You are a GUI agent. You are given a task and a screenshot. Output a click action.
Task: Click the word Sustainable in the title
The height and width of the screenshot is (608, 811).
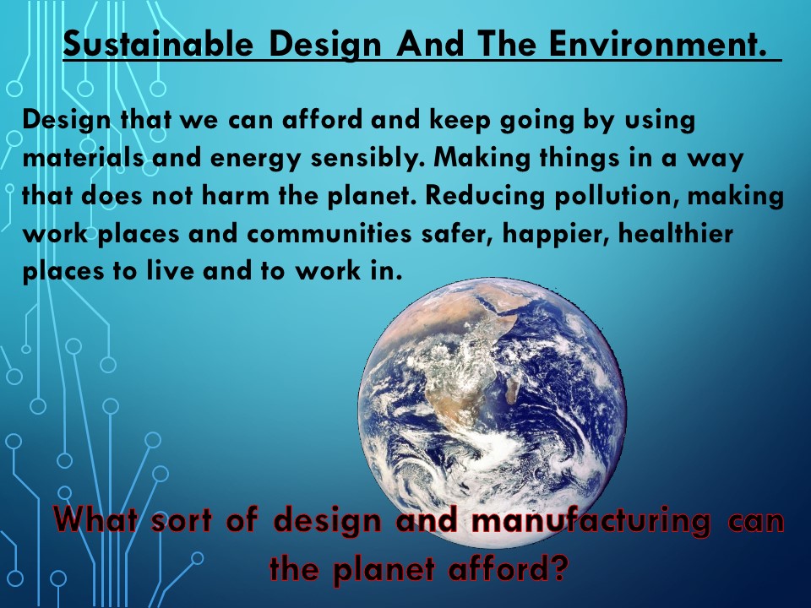pyautogui.click(x=158, y=43)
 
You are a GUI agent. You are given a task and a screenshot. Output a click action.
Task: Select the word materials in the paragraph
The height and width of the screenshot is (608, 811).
pyautogui.click(x=83, y=158)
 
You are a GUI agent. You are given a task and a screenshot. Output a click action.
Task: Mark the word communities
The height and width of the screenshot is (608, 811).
pyautogui.click(x=329, y=234)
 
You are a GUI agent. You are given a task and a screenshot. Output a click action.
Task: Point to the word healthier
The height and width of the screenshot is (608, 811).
pyautogui.click(x=676, y=234)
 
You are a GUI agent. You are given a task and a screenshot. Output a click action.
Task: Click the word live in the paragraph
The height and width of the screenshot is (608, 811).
pyautogui.click(x=170, y=271)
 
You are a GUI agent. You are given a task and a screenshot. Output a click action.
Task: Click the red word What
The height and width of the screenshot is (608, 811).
pyautogui.click(x=95, y=520)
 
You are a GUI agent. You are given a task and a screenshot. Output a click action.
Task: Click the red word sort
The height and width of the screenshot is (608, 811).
pyautogui.click(x=182, y=521)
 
